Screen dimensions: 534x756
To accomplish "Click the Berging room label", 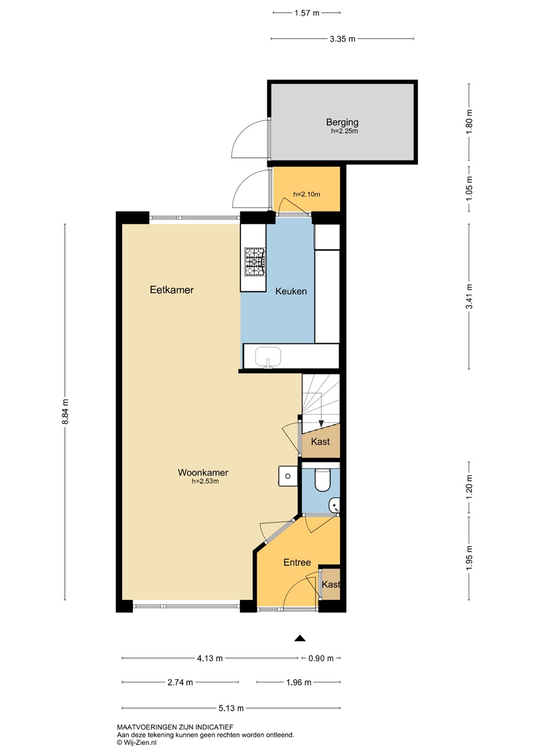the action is [x=342, y=122].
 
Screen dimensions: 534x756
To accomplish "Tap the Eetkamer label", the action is [x=172, y=290].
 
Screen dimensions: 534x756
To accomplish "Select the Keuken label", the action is [x=291, y=291].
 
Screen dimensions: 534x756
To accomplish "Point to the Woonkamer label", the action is [x=203, y=472].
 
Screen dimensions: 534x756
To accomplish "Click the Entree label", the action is [x=297, y=562].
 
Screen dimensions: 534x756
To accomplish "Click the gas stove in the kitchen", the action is [x=255, y=261].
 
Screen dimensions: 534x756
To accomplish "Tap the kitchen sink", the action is [x=268, y=357].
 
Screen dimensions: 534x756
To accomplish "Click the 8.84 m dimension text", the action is [x=66, y=412].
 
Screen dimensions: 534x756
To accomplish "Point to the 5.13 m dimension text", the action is [x=231, y=708].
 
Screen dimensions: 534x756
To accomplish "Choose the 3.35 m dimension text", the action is [x=343, y=39].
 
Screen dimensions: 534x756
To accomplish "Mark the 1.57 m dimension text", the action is [x=306, y=13].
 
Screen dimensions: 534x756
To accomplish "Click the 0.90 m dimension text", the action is [x=321, y=658].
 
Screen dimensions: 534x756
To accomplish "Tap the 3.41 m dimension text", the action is [x=469, y=296].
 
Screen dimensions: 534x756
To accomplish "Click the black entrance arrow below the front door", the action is [x=300, y=638].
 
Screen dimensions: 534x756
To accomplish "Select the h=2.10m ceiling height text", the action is [x=306, y=194].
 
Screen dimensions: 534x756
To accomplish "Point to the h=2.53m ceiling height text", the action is [x=205, y=481].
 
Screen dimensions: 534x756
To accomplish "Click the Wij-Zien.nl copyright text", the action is [x=136, y=742].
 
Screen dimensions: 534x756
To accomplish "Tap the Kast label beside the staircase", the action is [x=321, y=442].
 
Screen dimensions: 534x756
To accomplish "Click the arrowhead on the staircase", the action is [x=321, y=423].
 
